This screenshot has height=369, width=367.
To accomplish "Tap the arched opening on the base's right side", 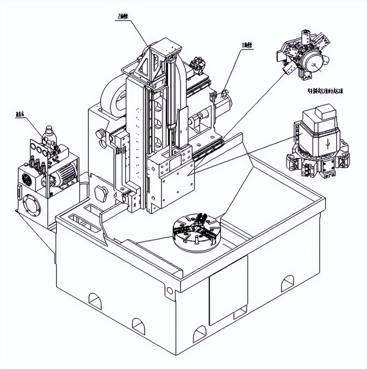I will tap(288, 283).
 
